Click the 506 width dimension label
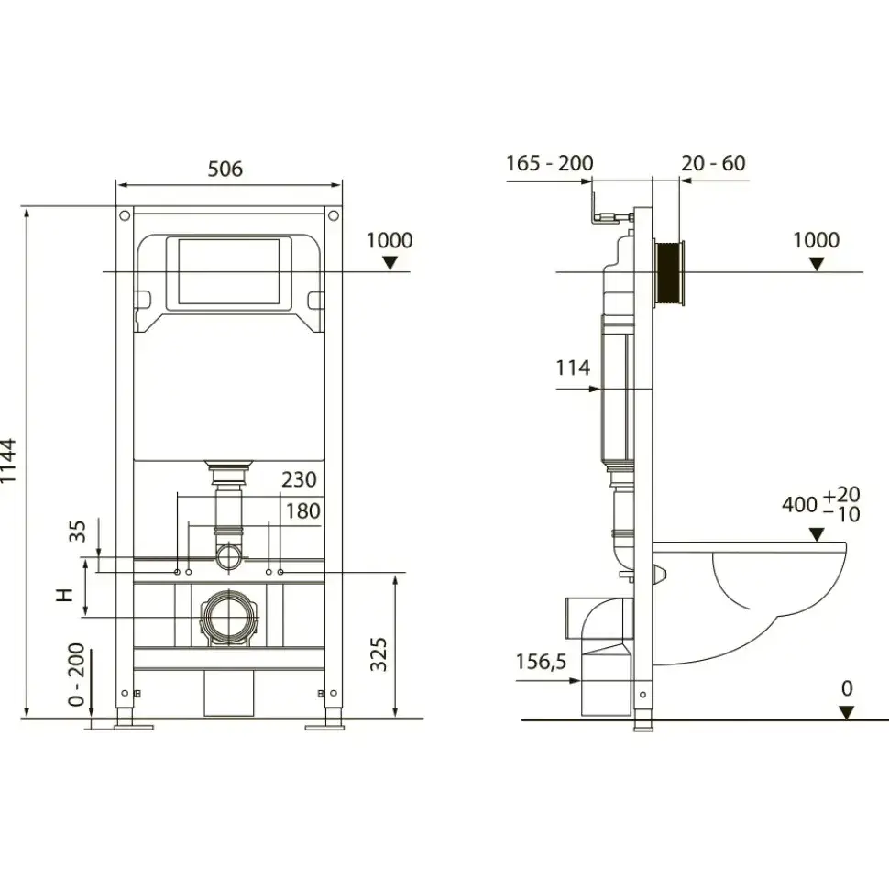pos(225,169)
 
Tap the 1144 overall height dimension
pos(8,461)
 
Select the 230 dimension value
pos(299,479)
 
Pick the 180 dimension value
pos(302,510)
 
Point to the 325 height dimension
pos(379,654)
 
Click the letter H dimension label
pos(65,595)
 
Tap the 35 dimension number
pos(77,532)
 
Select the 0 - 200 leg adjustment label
pos(76,675)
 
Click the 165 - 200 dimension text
pos(549,163)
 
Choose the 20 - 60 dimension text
pos(713,163)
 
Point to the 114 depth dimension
pos(573,368)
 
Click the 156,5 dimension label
pos(541,662)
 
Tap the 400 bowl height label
pos(799,504)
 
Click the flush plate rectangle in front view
pos(229,271)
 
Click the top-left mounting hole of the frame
pos(125,215)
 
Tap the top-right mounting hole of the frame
pos(334,215)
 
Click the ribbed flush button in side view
pos(669,273)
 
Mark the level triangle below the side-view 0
pos(847,713)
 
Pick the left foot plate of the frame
pos(134,726)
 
